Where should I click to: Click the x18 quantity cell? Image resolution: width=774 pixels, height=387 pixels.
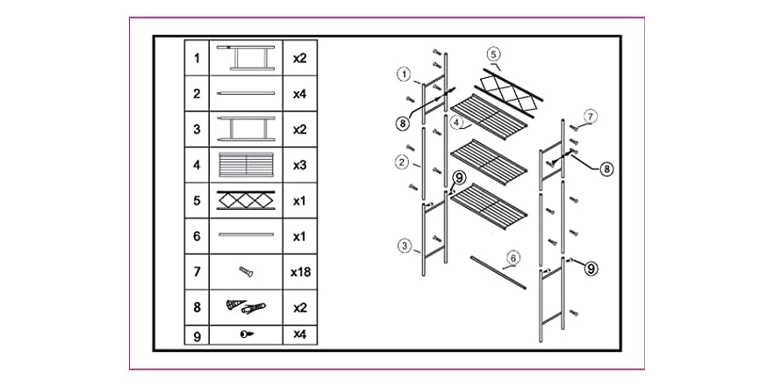[x=300, y=271]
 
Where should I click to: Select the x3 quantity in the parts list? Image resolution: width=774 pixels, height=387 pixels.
[x=300, y=165]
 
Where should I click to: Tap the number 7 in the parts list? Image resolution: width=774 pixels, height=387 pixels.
[x=197, y=271]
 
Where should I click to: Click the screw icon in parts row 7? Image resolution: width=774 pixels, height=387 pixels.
[x=246, y=271]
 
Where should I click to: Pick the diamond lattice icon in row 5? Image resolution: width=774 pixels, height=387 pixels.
[x=246, y=200]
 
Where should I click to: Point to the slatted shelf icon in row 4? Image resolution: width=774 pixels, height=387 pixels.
[x=246, y=165]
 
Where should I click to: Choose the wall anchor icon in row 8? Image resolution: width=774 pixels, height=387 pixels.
[x=246, y=307]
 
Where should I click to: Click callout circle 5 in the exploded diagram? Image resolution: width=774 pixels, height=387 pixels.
[x=493, y=54]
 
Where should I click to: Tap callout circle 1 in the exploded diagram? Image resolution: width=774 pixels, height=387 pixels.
[x=405, y=75]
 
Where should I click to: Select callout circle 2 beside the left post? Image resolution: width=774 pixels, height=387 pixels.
[x=403, y=161]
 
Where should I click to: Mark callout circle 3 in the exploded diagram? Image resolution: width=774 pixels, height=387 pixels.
[x=405, y=245]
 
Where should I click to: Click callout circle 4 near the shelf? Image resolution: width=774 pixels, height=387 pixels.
[x=457, y=120]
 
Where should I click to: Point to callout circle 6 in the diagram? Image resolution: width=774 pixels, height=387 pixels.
[x=512, y=257]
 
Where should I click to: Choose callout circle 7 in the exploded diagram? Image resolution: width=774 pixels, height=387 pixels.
[x=591, y=117]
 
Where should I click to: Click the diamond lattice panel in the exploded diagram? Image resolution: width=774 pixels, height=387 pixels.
[x=509, y=93]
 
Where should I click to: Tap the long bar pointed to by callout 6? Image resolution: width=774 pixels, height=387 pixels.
[x=498, y=272]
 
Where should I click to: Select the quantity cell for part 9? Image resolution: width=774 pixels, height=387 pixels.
[x=300, y=334]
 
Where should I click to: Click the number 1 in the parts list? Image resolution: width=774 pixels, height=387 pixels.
[x=197, y=58]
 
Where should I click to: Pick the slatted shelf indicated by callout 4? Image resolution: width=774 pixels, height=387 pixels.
[x=490, y=117]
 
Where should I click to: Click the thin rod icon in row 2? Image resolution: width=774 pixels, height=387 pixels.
[x=246, y=93]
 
